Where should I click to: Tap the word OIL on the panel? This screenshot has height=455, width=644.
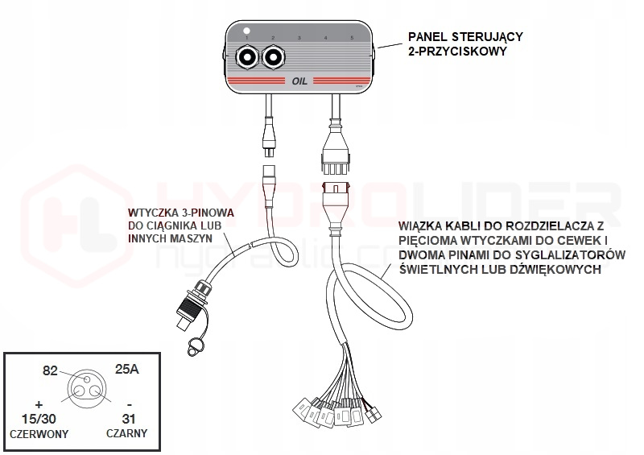click(x=299, y=81)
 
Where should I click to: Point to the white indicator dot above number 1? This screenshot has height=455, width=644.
click(x=248, y=31)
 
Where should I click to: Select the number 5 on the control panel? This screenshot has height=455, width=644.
click(x=351, y=39)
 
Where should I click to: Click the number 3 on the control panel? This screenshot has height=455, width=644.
click(x=299, y=39)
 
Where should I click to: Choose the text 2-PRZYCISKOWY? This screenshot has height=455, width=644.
click(x=457, y=52)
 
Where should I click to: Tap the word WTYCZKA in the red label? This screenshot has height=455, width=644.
click(x=154, y=213)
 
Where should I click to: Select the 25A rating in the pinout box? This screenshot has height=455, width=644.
click(x=128, y=370)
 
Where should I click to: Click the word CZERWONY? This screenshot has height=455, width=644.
click(x=38, y=433)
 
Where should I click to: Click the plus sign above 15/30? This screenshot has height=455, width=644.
click(x=39, y=402)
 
